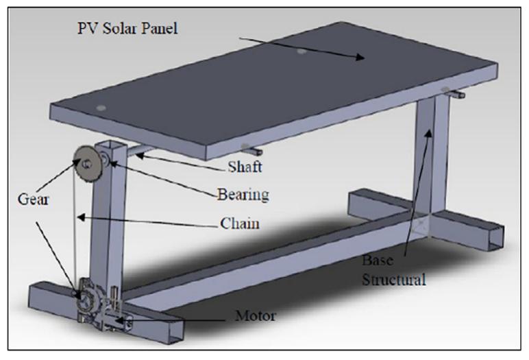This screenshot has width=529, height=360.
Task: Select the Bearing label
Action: [240, 195]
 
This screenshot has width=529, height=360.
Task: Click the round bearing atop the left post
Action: [106, 160]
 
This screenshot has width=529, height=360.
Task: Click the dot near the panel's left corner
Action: [101, 108]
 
